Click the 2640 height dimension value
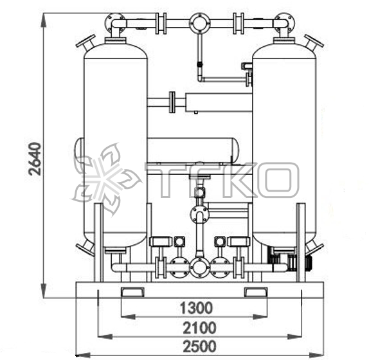(35, 159)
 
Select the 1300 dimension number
(196, 308)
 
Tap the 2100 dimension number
(199, 328)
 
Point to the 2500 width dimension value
(199, 346)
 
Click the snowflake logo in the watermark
(106, 179)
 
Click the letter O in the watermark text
(278, 180)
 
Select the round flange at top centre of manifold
(200, 23)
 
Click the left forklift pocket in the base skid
(132, 292)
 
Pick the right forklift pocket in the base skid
(256, 292)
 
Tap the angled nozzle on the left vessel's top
(86, 43)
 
